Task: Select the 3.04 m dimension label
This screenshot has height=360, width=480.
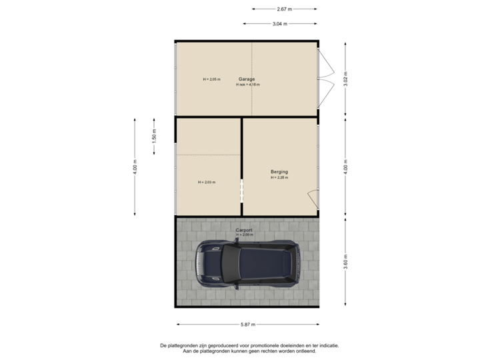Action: click(280, 24)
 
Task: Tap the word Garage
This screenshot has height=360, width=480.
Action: click(247, 79)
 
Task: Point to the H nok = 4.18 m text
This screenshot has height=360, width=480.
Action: click(248, 85)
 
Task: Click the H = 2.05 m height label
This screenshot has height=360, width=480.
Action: click(211, 79)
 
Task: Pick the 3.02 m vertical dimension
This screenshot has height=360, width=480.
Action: click(345, 79)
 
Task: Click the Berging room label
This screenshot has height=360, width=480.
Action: click(279, 172)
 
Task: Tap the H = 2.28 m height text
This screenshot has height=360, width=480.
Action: click(279, 178)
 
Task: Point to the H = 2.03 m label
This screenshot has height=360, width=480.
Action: click(207, 182)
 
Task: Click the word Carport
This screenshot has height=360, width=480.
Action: click(244, 230)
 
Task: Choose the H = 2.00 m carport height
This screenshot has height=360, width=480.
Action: click(245, 235)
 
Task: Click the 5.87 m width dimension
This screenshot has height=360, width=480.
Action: click(247, 325)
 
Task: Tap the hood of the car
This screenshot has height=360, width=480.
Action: click(207, 263)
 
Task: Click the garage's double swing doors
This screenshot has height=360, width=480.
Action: click(326, 79)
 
